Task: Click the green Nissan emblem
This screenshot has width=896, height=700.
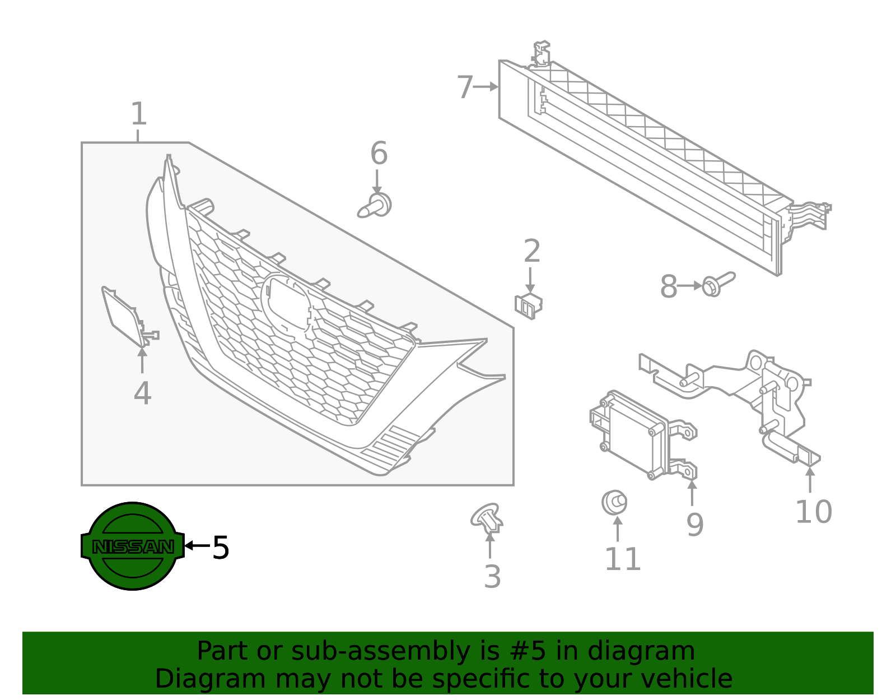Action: point(133,545)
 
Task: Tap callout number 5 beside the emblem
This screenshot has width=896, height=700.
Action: point(221,548)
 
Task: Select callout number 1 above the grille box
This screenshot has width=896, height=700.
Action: point(138,114)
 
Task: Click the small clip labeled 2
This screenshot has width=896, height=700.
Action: point(528,305)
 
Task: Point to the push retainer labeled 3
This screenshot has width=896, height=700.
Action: point(487,518)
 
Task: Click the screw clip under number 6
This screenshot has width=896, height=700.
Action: point(376,207)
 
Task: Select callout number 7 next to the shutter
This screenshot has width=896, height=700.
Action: point(465,87)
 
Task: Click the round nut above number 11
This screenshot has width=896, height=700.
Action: point(614,502)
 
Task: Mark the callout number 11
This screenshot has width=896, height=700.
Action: point(622,559)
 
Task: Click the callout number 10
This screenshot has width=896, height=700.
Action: point(813,512)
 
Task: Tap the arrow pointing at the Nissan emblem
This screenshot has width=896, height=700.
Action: point(197,545)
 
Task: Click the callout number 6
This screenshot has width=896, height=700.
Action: point(379,154)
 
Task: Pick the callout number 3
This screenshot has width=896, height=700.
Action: point(492,577)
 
